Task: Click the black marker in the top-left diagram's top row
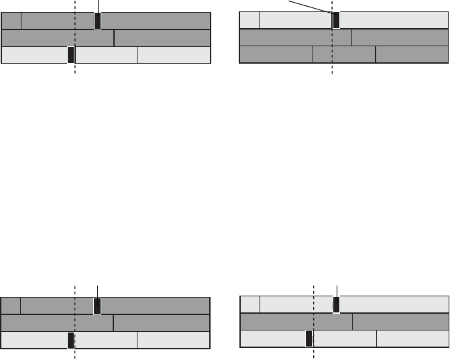click(x=98, y=21)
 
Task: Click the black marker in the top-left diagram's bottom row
click(x=70, y=55)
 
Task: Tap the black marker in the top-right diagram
click(x=336, y=20)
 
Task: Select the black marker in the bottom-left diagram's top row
click(x=97, y=306)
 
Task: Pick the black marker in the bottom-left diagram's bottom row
click(x=70, y=340)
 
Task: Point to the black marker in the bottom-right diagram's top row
click(x=336, y=306)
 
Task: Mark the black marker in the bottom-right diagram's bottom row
click(x=308, y=339)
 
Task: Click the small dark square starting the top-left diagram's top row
click(x=12, y=21)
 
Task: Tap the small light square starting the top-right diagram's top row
click(x=249, y=20)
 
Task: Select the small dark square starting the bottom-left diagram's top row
click(x=11, y=306)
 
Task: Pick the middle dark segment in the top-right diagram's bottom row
click(x=344, y=54)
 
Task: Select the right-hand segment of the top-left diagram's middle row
click(x=162, y=38)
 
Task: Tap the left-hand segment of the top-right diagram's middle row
click(x=296, y=37)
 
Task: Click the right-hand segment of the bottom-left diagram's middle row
click(x=162, y=323)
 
